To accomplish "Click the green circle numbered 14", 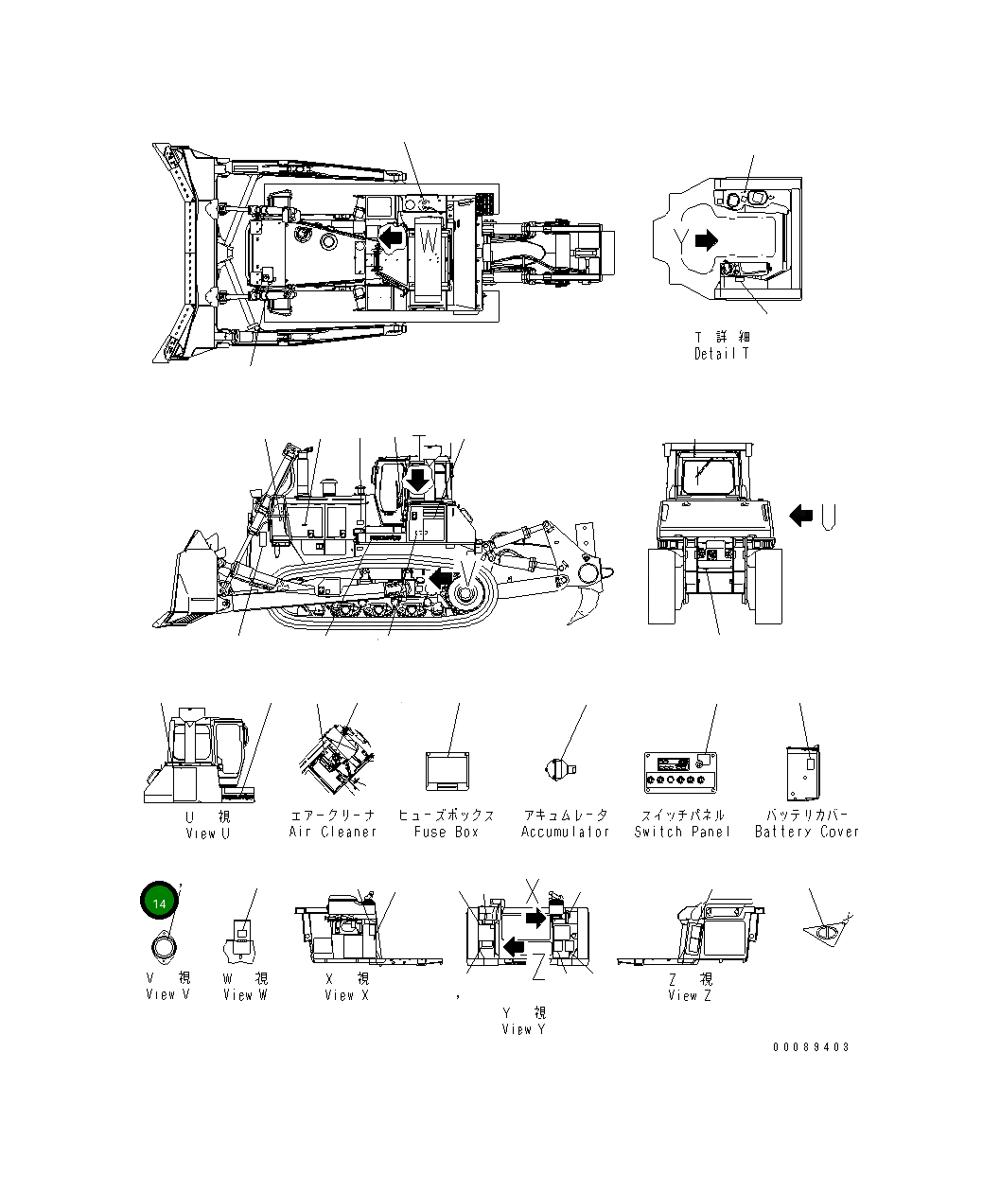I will pyautogui.click(x=159, y=904).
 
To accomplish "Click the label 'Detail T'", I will pyautogui.click(x=721, y=354).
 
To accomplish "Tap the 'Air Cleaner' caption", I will pyautogui.click(x=332, y=832).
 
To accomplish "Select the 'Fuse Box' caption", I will pyautogui.click(x=447, y=832).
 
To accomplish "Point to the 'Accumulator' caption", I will pyautogui.click(x=566, y=832).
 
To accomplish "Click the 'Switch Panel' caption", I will pyautogui.click(x=682, y=832).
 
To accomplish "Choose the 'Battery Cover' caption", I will pyautogui.click(x=807, y=832).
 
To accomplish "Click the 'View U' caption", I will pyautogui.click(x=207, y=833).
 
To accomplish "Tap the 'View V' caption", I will pyautogui.click(x=167, y=994).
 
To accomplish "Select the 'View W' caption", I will pyautogui.click(x=245, y=994).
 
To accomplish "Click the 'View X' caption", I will pyautogui.click(x=346, y=994).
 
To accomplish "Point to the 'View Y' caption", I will pyautogui.click(x=523, y=1028).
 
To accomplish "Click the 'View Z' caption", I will pyautogui.click(x=690, y=994).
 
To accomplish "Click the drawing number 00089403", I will pyautogui.click(x=811, y=1047).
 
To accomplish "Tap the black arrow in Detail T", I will pyautogui.click(x=706, y=240).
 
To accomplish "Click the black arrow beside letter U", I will pyautogui.click(x=801, y=515).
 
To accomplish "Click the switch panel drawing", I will pyautogui.click(x=681, y=771).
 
